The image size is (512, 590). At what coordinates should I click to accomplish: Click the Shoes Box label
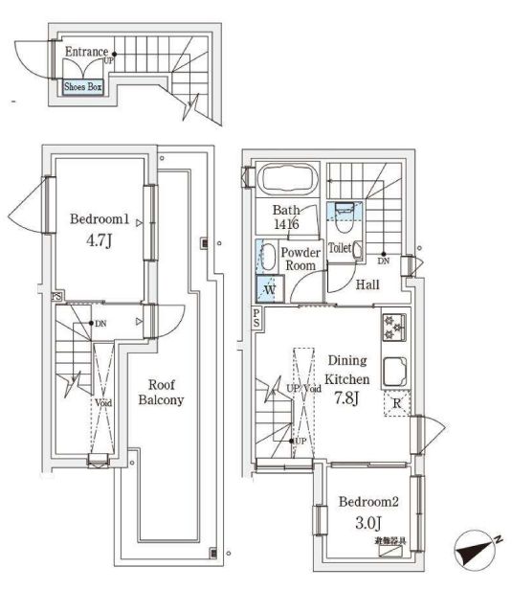coord(82,86)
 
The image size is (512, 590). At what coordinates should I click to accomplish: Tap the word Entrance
coord(86,51)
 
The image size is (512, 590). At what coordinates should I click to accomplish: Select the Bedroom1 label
coord(99,218)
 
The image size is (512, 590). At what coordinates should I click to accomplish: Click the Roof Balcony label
coord(161,391)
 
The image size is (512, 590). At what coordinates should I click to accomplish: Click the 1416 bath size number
coord(286,223)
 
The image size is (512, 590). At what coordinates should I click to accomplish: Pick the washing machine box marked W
coord(268,288)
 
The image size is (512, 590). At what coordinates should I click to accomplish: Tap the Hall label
coord(367,284)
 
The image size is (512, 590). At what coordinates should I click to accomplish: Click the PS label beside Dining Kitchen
coord(256,319)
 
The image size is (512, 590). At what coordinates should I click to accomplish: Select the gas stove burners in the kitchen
coord(393,328)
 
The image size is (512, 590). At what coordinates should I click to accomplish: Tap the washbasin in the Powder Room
coord(267,256)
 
